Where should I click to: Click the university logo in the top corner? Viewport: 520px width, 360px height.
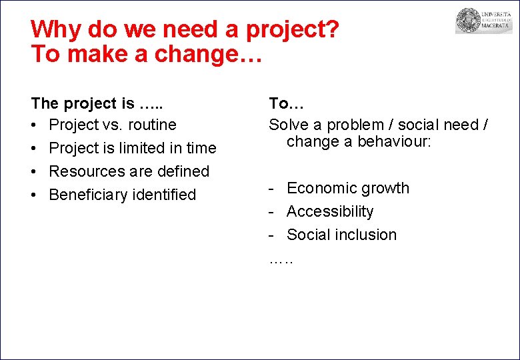coord(483,21)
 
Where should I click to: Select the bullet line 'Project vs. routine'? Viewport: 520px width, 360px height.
coord(113,125)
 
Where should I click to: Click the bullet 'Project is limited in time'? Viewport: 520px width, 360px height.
coord(133,148)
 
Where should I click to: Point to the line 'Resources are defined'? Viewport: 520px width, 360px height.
coord(129,171)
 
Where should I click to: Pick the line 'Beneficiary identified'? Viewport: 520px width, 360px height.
coord(122,195)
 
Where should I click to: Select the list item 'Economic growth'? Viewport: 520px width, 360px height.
coord(347,188)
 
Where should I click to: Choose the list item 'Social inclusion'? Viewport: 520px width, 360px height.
coord(341,235)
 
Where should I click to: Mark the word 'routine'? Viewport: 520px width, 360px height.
coord(152,125)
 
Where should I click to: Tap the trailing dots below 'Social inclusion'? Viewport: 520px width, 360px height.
coord(281,259)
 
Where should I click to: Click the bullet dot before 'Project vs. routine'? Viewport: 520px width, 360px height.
coord(35,125)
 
